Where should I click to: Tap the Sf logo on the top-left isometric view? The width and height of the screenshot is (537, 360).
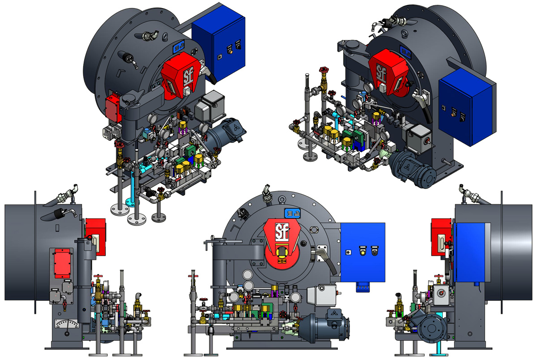(176, 75)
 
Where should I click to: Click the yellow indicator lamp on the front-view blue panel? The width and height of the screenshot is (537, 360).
(363, 251)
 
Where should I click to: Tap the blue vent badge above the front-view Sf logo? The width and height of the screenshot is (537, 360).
(289, 213)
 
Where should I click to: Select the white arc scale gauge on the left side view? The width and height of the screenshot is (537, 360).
(67, 322)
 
